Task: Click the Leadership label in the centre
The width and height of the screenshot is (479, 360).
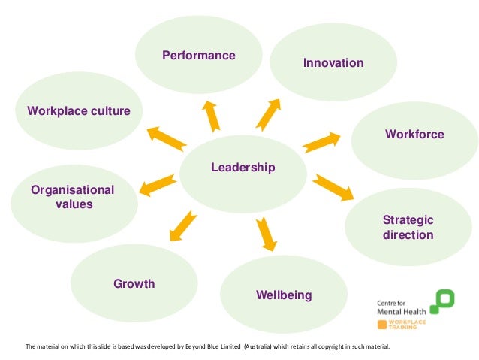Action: [243, 167]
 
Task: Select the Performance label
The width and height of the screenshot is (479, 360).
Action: [199, 56]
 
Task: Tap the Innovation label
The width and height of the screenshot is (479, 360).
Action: [333, 64]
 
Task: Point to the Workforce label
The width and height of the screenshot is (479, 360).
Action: [414, 135]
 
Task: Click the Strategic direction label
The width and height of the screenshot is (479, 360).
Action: [408, 227]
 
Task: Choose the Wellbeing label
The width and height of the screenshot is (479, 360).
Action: [284, 295]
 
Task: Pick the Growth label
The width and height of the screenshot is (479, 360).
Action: [134, 284]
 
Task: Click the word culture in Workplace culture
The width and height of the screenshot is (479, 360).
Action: [110, 111]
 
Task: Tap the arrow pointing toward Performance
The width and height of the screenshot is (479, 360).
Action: [211, 115]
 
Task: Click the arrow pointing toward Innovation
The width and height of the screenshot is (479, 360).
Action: [267, 113]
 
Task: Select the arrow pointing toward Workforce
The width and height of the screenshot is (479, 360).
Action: [322, 141]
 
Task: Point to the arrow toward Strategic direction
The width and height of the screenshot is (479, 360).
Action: [333, 187]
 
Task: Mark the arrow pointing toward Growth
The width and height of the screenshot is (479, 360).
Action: [183, 225]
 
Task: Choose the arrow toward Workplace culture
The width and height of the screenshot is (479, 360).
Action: [166, 138]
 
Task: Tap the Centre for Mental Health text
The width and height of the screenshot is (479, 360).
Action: [401, 306]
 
